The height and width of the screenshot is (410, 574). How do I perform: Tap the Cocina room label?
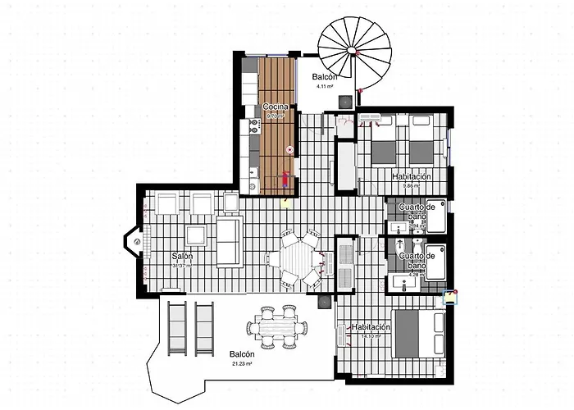274,107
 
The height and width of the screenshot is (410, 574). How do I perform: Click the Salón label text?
183,257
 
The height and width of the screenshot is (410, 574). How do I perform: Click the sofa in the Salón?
229,242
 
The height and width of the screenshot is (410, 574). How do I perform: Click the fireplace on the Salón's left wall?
134,242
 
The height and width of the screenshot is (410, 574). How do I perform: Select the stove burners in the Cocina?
253,125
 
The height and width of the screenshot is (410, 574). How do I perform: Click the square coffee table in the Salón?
197,236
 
